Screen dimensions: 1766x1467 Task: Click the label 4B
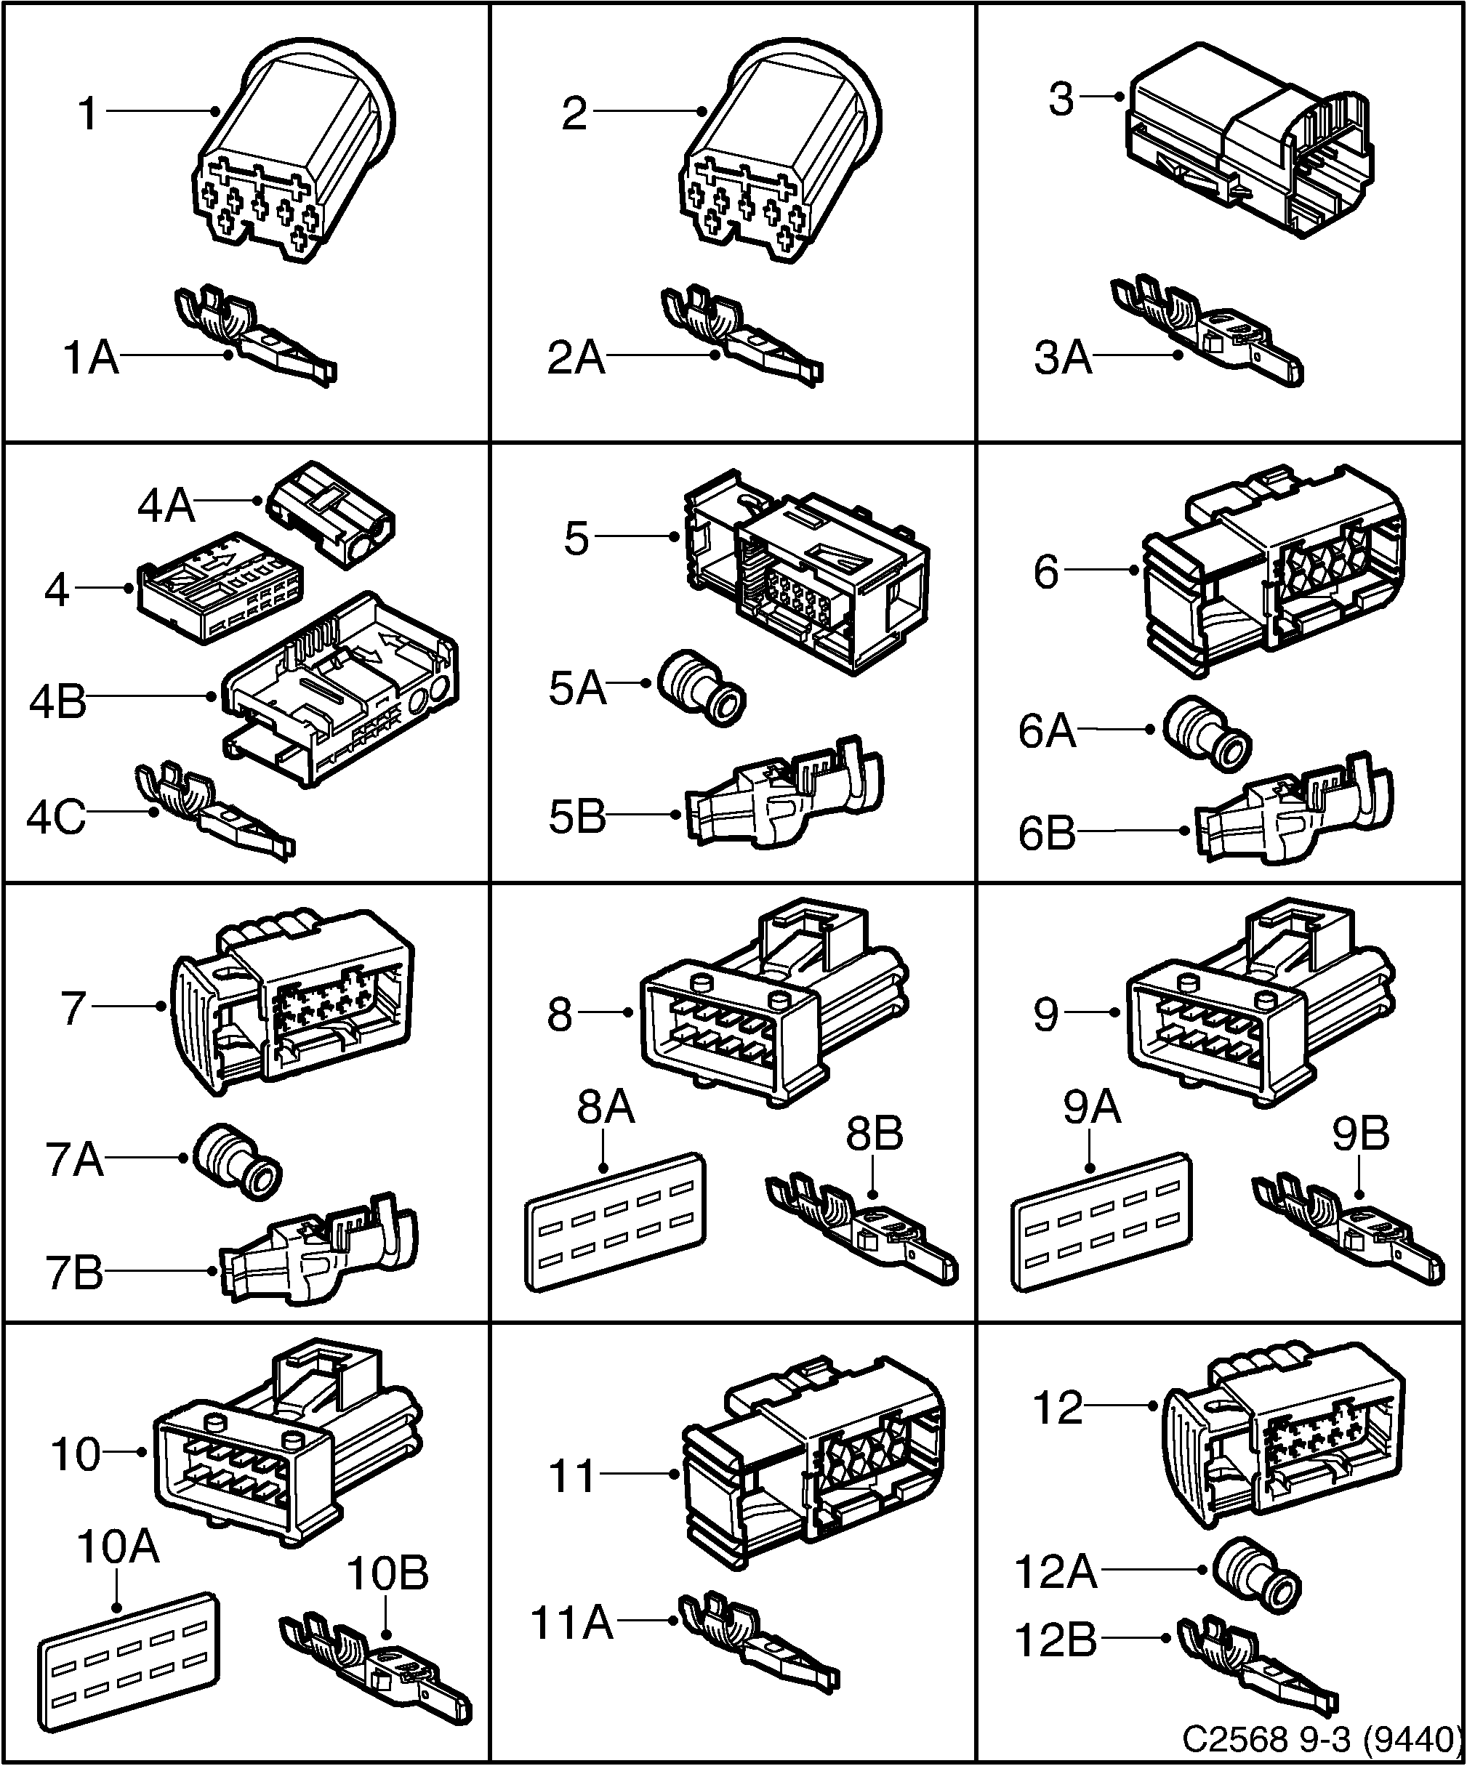57,701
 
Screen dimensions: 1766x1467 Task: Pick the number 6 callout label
1045,573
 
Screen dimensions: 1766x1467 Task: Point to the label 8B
874,1134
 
